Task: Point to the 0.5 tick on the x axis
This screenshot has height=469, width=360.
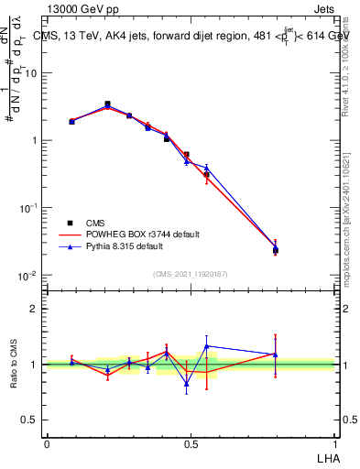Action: [191, 442]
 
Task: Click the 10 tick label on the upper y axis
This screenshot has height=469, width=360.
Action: [30, 73]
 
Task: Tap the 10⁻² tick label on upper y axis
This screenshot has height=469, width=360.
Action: [29, 276]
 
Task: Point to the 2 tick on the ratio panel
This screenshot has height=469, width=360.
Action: [37, 309]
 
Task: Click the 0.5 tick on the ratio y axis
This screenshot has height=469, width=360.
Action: [32, 420]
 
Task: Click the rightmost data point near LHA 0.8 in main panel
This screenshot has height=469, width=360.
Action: [276, 249]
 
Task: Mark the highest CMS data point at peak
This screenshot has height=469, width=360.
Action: [107, 104]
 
